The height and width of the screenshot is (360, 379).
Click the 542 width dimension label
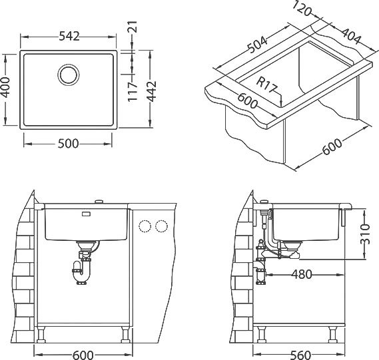(69, 37)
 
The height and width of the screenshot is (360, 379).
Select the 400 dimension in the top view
(5, 87)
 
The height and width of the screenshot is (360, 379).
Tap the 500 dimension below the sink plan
(69, 144)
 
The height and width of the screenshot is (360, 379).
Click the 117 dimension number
(133, 91)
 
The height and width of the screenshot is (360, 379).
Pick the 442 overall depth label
(152, 91)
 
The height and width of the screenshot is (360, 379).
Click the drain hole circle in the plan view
(69, 75)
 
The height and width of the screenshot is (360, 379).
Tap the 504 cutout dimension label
(258, 45)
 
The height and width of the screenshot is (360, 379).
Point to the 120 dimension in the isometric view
(302, 9)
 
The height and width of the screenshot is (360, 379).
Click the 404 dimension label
(352, 36)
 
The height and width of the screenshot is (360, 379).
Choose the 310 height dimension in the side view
(365, 234)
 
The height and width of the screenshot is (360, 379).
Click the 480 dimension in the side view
(302, 274)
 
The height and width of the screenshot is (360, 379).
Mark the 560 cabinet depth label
(300, 355)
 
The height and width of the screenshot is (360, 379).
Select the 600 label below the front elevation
(83, 355)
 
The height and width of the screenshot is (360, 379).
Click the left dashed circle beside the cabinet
(145, 226)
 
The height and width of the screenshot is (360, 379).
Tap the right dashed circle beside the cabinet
(161, 226)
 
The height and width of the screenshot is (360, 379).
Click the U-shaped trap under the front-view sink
(81, 273)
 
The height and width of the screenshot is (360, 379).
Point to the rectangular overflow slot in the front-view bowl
(86, 214)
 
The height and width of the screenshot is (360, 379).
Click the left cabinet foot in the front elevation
(41, 335)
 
